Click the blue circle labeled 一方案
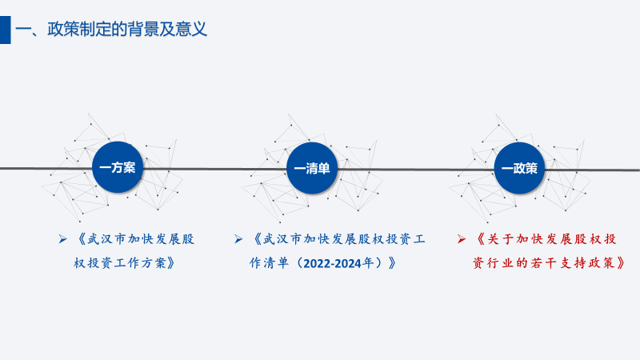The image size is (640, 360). tap(118, 167)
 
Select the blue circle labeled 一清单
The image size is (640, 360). tap(312, 168)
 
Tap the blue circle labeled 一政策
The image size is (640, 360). tap(519, 168)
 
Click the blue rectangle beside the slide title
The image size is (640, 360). tap(6, 30)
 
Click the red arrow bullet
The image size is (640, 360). tap(462, 238)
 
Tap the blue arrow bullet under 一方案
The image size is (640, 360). tap(62, 238)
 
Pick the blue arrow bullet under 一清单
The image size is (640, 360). tap(238, 238)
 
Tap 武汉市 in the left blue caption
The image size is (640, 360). tap(106, 238)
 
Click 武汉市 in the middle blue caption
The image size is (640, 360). tap(282, 238)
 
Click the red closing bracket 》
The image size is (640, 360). tap(621, 263)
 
